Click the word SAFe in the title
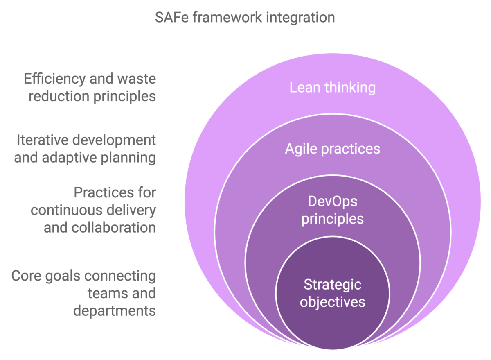tap(171, 17)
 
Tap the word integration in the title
tap(300, 18)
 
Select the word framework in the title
tap(227, 17)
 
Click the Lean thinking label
tap(333, 87)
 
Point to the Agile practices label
tap(333, 149)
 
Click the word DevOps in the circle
tap(333, 202)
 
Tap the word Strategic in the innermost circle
tap(333, 285)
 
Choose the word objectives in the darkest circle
tap(333, 302)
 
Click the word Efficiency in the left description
tap(55, 79)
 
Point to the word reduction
tap(59, 96)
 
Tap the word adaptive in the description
tap(69, 158)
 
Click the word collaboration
tap(114, 228)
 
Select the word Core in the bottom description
tap(26, 276)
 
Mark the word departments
tap(115, 311)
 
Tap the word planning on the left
tap(128, 158)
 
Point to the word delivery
tap(131, 211)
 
